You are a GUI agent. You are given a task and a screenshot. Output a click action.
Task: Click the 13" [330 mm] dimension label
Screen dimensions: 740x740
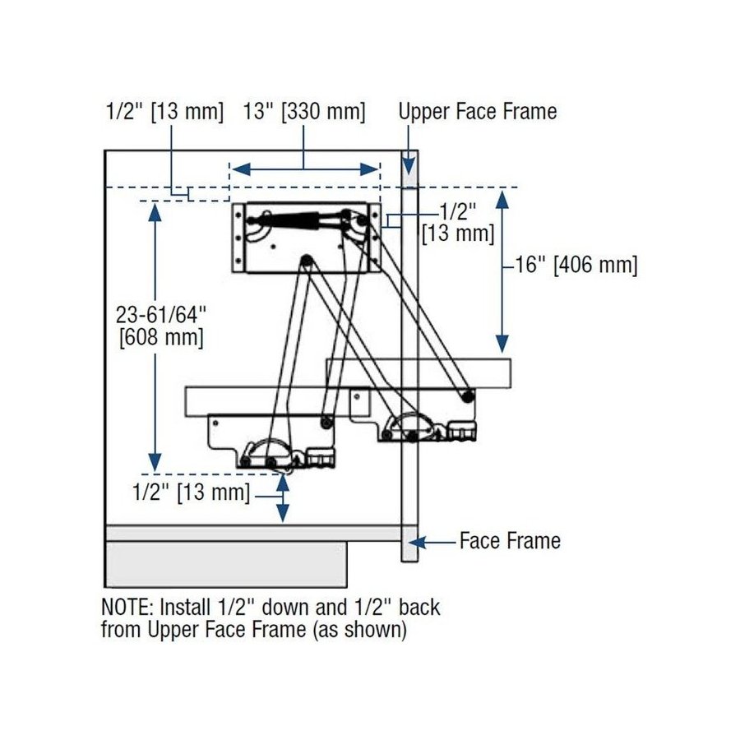pyautogui.click(x=304, y=112)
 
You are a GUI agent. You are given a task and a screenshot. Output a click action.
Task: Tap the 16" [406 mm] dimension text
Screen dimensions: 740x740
pyautogui.click(x=575, y=265)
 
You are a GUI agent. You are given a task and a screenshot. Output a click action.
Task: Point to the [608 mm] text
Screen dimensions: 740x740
pyautogui.click(x=160, y=336)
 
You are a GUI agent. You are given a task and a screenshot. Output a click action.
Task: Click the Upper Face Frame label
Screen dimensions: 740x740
pyautogui.click(x=478, y=111)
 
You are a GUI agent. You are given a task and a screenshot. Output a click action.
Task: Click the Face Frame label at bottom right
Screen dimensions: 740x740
pyautogui.click(x=510, y=541)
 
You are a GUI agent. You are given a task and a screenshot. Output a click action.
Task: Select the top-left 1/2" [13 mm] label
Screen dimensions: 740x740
pyautogui.click(x=164, y=112)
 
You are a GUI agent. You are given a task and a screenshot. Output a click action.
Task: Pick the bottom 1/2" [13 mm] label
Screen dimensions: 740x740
pyautogui.click(x=191, y=493)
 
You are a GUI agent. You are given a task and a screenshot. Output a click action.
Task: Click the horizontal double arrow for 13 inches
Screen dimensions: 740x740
pyautogui.click(x=304, y=169)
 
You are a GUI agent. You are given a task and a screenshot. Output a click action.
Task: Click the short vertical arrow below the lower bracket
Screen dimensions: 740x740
pyautogui.click(x=283, y=497)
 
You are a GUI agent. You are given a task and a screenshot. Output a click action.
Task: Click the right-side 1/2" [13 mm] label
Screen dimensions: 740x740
pyautogui.click(x=457, y=222)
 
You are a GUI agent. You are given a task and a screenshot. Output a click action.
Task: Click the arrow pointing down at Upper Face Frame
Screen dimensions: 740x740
pyautogui.click(x=409, y=161)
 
